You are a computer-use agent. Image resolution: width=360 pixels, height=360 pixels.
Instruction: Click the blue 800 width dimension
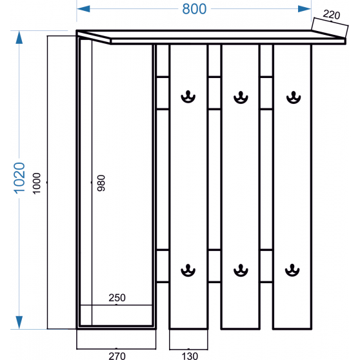tap(194, 9)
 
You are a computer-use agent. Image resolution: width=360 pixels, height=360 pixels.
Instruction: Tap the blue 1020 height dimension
tap(19, 178)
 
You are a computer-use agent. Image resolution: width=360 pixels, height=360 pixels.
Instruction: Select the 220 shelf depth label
tap(332, 15)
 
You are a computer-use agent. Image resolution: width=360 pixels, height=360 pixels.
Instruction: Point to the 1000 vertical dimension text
tap(37, 183)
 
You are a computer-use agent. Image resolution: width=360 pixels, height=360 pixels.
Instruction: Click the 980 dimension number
tap(101, 183)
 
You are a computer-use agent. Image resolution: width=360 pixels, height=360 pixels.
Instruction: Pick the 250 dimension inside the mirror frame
tap(117, 298)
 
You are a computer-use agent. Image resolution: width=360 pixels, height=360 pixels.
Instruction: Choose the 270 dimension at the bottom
tap(117, 356)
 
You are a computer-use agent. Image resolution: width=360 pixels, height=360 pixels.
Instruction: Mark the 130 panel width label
tap(190, 356)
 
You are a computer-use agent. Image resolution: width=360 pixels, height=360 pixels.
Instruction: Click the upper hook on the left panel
tap(188, 97)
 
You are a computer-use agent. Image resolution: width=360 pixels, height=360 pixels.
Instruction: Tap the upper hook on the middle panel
tap(241, 97)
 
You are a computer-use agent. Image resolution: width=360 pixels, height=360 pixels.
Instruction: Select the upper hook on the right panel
tap(294, 97)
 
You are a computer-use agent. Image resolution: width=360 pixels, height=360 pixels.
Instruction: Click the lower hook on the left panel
tap(188, 270)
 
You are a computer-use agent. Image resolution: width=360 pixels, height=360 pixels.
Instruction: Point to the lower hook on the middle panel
tap(241, 270)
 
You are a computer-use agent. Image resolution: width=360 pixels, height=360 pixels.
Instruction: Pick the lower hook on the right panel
tap(292, 270)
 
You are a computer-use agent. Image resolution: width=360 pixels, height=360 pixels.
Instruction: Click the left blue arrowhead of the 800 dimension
tap(83, 9)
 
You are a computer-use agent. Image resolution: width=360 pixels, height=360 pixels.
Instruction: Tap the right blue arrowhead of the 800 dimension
tap(305, 9)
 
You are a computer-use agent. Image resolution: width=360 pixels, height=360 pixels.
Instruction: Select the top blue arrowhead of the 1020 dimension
tap(19, 37)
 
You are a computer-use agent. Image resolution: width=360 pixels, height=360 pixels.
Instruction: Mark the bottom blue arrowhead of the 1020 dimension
tap(19, 322)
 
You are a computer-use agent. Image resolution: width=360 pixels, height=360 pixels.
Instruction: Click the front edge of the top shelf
tap(228, 41)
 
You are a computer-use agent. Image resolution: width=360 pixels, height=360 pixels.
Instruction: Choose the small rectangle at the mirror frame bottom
tap(116, 315)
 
